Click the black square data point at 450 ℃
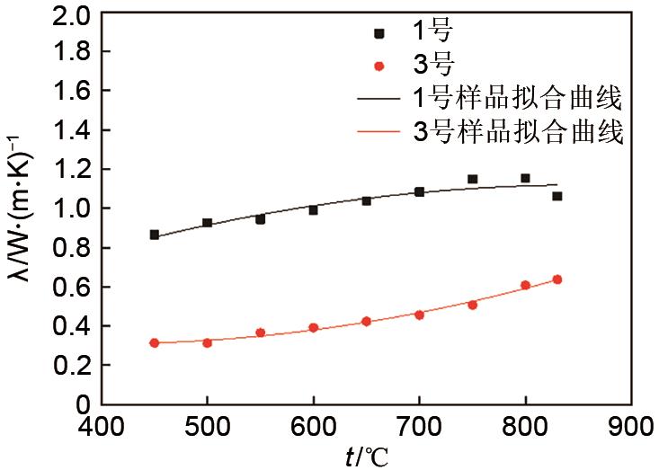pos(155,235)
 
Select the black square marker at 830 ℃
pos(557,196)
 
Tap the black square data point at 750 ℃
pos(472,179)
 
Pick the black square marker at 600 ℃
pos(314,210)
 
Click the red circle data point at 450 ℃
pos(155,342)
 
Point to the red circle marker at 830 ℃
pos(557,279)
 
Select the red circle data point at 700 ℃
pos(419,315)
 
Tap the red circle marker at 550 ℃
pos(261,333)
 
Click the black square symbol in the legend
pos(379,33)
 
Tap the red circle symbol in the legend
pos(379,65)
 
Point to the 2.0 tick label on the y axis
pos(72,14)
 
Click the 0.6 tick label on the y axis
pos(72,288)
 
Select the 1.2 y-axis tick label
pos(72,171)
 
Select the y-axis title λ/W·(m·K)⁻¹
pos(20,211)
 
